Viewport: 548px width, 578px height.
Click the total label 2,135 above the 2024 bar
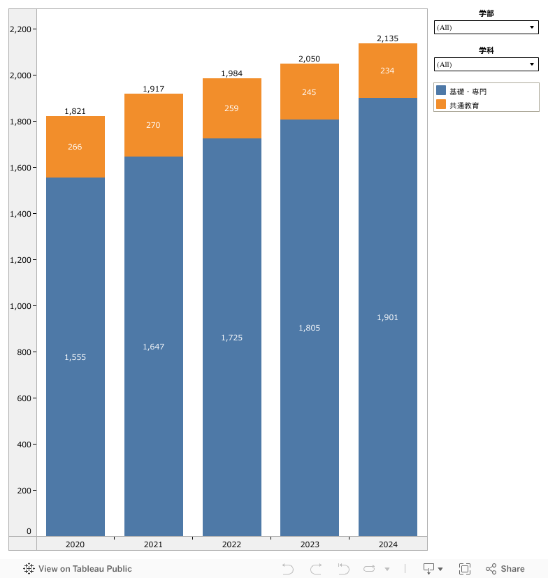point(387,38)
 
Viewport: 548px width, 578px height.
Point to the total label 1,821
point(75,111)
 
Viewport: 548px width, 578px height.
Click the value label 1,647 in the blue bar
point(154,347)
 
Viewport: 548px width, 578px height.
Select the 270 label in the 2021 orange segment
point(154,125)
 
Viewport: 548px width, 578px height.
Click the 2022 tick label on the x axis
point(231,544)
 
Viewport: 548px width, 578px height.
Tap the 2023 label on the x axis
point(310,544)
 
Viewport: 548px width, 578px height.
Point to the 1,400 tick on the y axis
point(21,214)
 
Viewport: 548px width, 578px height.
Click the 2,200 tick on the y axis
point(21,29)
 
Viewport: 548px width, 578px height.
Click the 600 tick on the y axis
point(24,398)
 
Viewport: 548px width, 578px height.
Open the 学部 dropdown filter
point(486,27)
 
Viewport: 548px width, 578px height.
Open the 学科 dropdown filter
point(486,64)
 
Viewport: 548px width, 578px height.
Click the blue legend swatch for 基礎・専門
point(441,91)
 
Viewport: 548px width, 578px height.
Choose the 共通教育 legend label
point(464,105)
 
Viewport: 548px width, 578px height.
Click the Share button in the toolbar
point(505,569)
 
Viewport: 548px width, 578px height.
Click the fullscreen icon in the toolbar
point(465,569)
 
